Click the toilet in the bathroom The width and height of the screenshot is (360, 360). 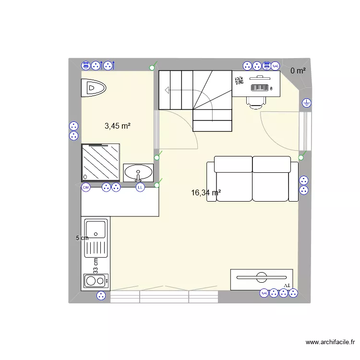click(x=93, y=88)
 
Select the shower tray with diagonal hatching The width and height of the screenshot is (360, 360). click(x=100, y=162)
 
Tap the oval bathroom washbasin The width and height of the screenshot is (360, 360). click(x=138, y=172)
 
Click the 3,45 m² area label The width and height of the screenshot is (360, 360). click(x=118, y=126)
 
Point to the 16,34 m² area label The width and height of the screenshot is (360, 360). click(x=205, y=193)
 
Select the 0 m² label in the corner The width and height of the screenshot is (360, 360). click(x=298, y=71)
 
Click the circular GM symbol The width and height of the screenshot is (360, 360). click(x=86, y=188)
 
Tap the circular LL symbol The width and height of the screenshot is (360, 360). click(x=140, y=188)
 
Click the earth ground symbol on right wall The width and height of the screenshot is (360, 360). click(x=306, y=102)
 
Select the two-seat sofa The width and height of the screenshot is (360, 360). click(x=252, y=179)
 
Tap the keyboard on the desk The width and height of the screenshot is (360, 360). click(x=259, y=87)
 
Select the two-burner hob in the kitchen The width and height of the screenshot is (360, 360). click(x=96, y=280)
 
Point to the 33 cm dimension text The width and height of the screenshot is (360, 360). click(x=96, y=265)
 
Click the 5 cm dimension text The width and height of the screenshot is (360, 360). click(x=82, y=238)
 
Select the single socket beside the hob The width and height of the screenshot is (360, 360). click(x=101, y=296)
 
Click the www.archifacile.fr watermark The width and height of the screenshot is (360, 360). click(x=330, y=342)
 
